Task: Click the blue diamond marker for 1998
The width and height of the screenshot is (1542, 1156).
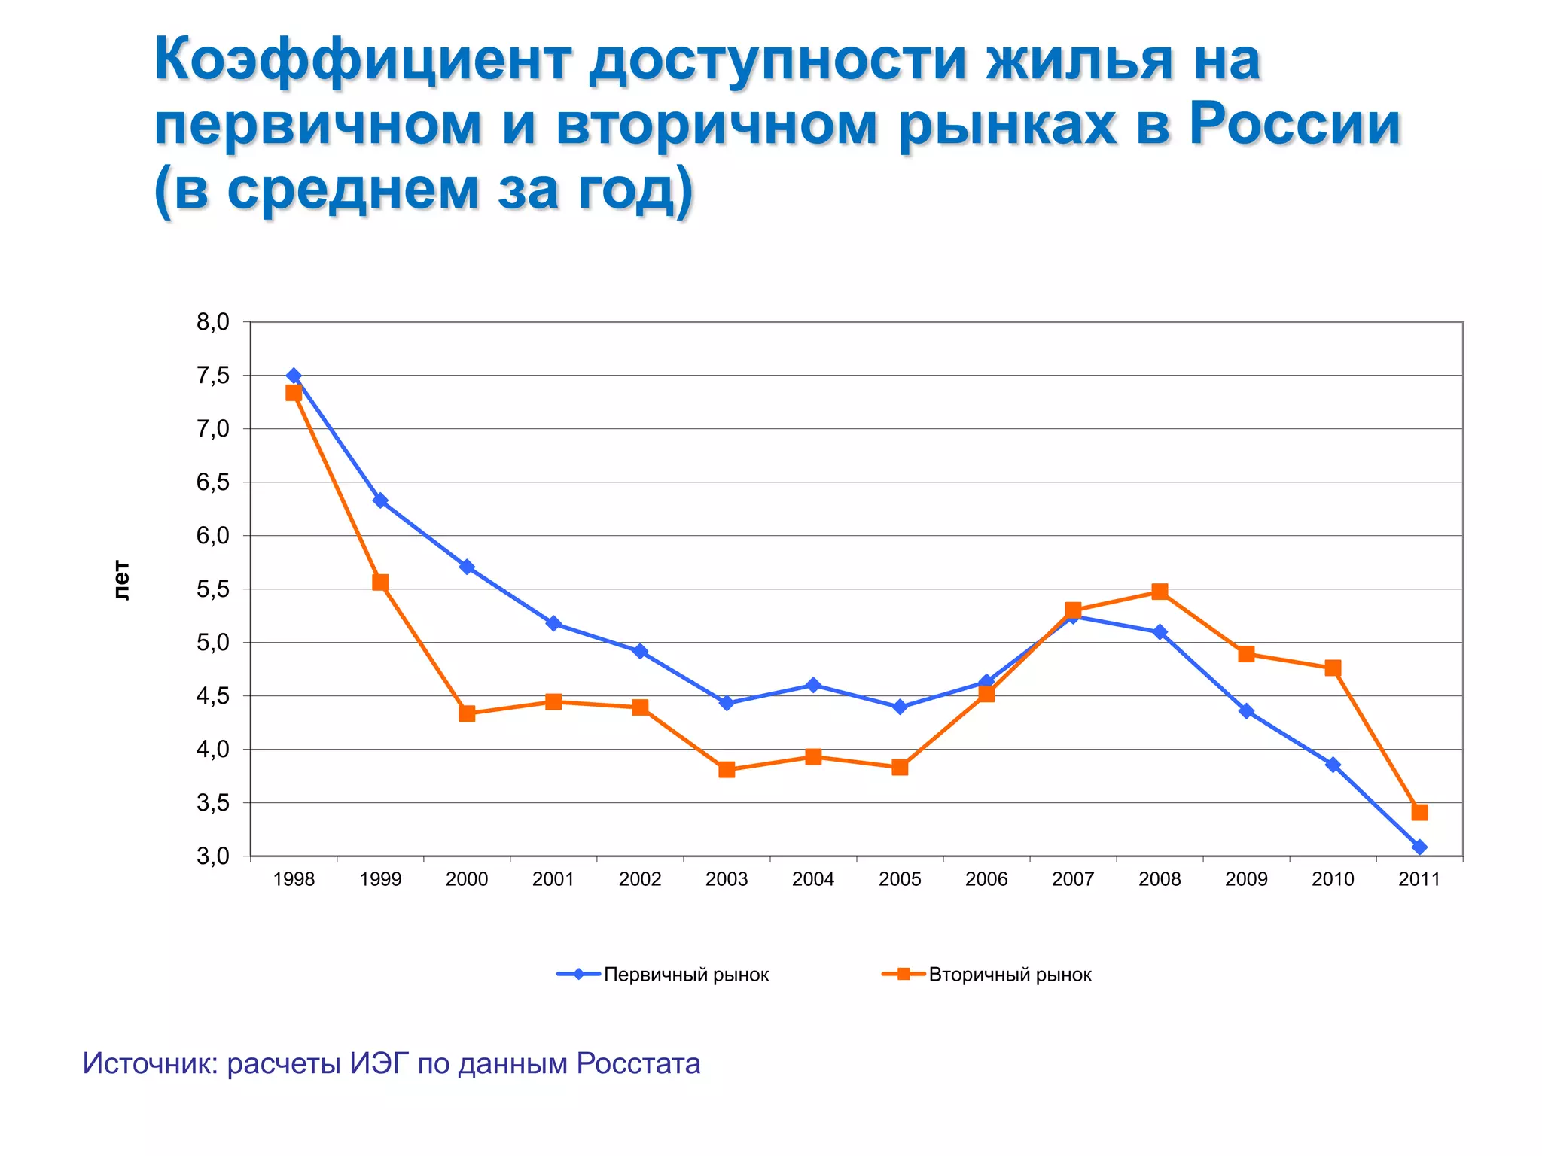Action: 294,376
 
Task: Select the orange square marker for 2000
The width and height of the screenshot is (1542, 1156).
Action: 467,713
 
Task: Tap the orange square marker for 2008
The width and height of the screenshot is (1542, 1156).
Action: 1160,592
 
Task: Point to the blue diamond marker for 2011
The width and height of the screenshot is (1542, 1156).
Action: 1419,847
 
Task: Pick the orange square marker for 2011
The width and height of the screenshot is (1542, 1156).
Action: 1419,812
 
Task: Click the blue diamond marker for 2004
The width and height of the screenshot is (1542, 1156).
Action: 813,685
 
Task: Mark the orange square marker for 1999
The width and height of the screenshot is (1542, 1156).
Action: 380,583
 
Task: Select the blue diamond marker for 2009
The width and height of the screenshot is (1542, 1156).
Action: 1246,711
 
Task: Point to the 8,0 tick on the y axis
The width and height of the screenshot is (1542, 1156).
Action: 213,322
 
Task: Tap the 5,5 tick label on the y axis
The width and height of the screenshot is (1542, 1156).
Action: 213,589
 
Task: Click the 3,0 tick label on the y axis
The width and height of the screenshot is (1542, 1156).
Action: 213,856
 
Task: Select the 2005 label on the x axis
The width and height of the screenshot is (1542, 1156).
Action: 900,879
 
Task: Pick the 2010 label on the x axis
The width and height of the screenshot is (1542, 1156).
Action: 1333,879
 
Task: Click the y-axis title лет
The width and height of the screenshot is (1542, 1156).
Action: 122,580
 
